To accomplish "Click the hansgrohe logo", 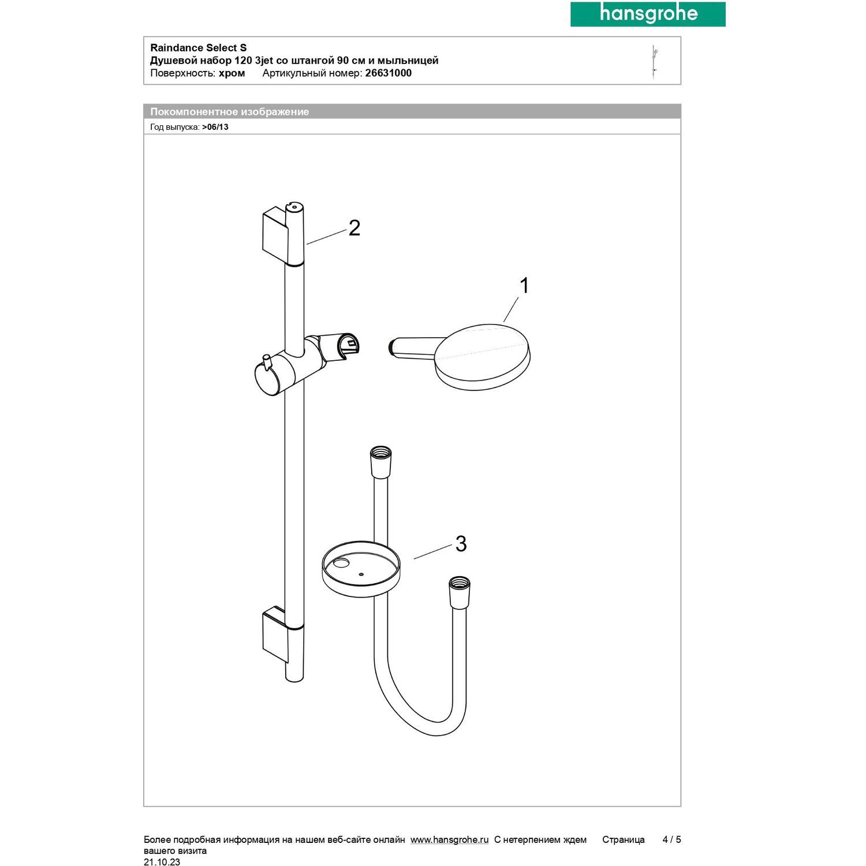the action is [x=648, y=14].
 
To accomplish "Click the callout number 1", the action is [x=524, y=285].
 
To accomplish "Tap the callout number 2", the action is [x=354, y=228].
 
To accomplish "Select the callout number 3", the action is [x=461, y=543].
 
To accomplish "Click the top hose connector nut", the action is [x=380, y=461].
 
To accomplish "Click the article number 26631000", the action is [x=389, y=73].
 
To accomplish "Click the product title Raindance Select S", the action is [x=199, y=48].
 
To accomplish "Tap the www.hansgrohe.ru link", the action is [x=449, y=839].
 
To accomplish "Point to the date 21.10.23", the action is [x=162, y=862].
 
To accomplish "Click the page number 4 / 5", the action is [x=671, y=839].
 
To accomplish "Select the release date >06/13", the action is [x=215, y=127].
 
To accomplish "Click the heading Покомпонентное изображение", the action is [x=230, y=112].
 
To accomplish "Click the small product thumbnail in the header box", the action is [x=655, y=61].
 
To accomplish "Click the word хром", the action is [x=232, y=73].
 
